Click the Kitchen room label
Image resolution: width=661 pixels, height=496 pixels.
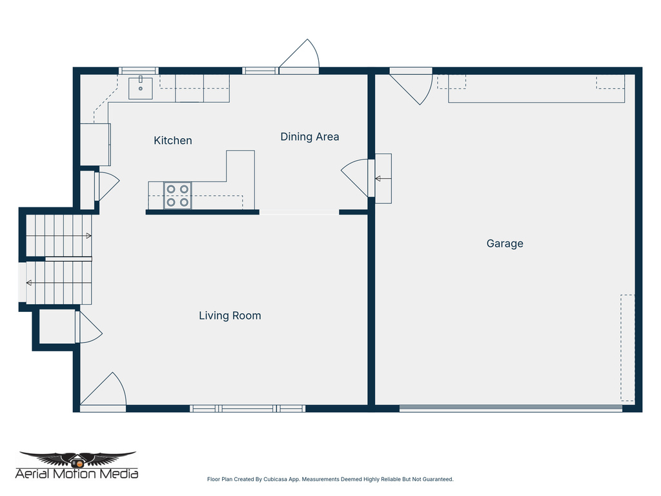pyautogui.click(x=172, y=140)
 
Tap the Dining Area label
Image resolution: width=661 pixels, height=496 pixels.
pyautogui.click(x=309, y=136)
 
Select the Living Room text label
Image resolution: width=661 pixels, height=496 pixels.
pyautogui.click(x=229, y=315)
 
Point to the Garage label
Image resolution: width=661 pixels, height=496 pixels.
pyautogui.click(x=504, y=243)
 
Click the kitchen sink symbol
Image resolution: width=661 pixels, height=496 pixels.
pyautogui.click(x=140, y=88)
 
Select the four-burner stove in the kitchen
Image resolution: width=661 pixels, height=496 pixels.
pyautogui.click(x=178, y=196)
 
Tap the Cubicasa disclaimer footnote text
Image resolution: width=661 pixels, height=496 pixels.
pyautogui.click(x=330, y=479)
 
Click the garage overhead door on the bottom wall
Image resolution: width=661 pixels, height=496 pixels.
pyautogui.click(x=510, y=408)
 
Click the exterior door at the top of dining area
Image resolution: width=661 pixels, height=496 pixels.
pyautogui.click(x=300, y=58)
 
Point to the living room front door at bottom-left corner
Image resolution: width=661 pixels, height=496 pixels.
pyautogui.click(x=103, y=393)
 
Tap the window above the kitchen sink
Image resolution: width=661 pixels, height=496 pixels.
pyautogui.click(x=139, y=71)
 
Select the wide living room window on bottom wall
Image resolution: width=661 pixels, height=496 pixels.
pyautogui.click(x=247, y=408)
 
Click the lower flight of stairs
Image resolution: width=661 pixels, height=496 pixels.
pyautogui.click(x=59, y=282)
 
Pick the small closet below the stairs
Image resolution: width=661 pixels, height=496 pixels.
pyautogui.click(x=57, y=327)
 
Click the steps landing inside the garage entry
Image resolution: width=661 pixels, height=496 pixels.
pyautogui.click(x=383, y=178)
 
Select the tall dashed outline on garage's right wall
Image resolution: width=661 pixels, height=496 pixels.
pyautogui.click(x=627, y=347)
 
